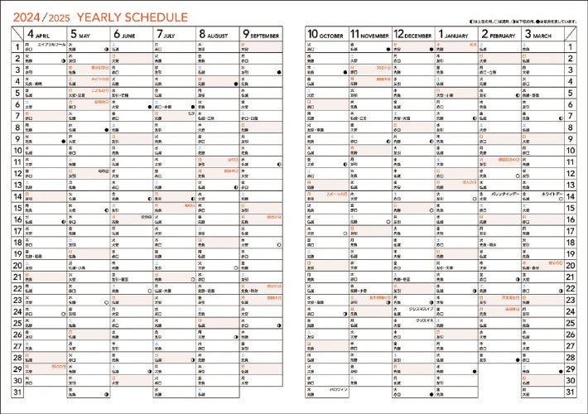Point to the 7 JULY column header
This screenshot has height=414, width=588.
pos(172,34)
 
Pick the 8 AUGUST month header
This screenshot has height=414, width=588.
pos(215,34)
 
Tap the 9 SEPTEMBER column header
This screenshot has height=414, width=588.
pos(260,34)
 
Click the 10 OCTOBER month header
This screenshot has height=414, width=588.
pos(325,34)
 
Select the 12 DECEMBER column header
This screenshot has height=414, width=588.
pos(412,34)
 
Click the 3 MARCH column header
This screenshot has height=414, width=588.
pos(541,34)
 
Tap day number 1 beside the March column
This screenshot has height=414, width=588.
pos(571,47)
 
